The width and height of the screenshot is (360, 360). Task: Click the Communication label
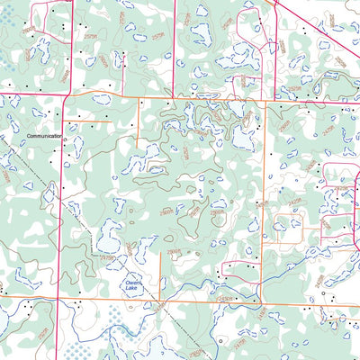pos(44,136)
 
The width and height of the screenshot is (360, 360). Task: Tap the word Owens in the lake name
pos(132,282)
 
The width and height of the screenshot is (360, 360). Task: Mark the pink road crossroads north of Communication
pos(68,94)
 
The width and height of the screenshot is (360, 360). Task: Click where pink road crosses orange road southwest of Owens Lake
pos(60,301)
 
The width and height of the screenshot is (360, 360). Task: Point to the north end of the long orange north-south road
pos(263,102)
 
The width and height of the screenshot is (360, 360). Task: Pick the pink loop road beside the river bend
pos(238,268)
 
